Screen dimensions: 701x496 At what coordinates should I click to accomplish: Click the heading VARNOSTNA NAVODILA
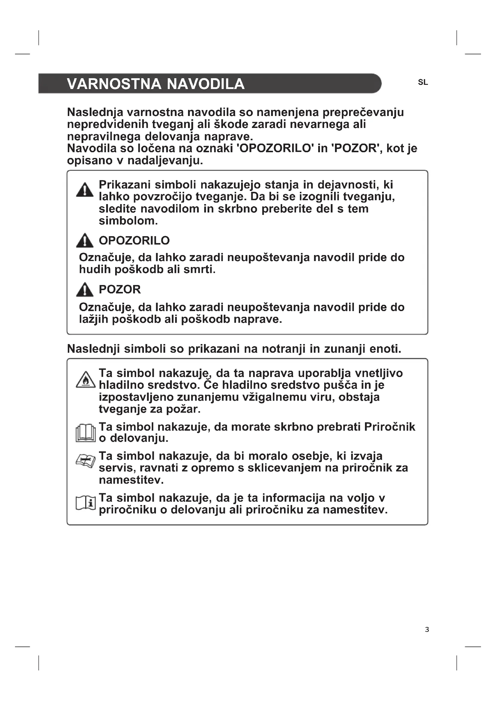tap(155, 84)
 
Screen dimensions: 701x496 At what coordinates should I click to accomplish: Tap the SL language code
tap(423, 82)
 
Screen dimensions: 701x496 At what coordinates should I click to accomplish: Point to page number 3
tap(427, 629)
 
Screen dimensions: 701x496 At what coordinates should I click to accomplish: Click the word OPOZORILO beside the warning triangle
tap(134, 241)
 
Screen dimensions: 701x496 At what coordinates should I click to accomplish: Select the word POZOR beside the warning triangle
tap(120, 290)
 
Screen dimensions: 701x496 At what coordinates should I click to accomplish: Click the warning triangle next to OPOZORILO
tap(85, 240)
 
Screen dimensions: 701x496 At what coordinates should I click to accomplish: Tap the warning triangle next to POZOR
tap(85, 290)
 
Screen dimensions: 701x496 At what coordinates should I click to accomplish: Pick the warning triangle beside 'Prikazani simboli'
tap(85, 190)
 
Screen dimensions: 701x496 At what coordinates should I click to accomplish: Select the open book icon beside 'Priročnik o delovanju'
tap(85, 433)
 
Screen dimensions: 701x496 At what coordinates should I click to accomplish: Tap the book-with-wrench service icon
tap(85, 460)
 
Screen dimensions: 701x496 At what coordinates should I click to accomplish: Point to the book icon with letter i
tap(85, 503)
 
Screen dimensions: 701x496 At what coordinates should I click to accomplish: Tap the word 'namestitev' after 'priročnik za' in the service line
tap(131, 480)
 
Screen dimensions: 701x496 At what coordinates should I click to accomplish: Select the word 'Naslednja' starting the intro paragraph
tap(95, 112)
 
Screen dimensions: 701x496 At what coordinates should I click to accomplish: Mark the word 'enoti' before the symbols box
tap(385, 349)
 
